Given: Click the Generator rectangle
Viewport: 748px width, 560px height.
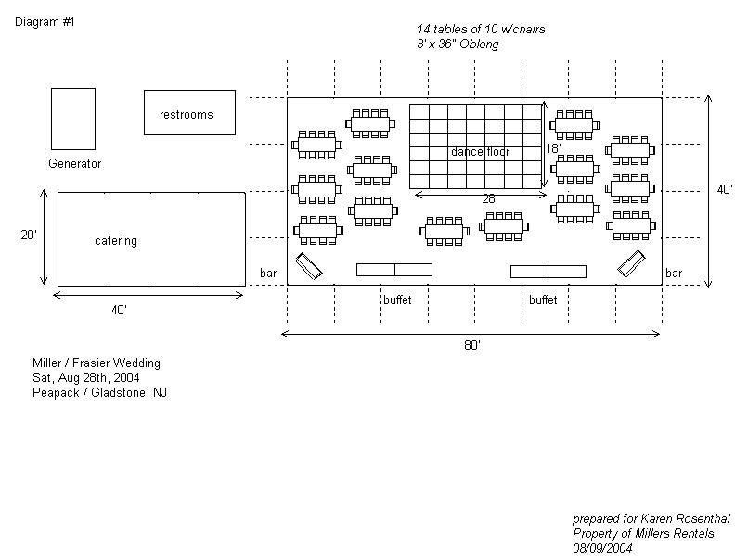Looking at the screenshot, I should point(73,119).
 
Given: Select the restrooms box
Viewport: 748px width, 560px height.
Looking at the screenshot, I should point(189,112).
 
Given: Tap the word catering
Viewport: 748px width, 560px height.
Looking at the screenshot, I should point(116,241).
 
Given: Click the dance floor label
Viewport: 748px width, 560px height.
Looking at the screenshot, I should point(480,151).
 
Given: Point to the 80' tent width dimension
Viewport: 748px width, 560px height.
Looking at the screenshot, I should point(471,345).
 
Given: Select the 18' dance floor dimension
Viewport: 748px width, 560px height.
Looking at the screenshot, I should point(553,148).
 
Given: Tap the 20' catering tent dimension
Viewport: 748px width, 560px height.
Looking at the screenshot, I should point(29,235).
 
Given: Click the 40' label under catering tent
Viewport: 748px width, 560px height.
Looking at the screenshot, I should point(119,311).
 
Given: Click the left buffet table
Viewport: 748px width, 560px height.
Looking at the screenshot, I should point(394,270).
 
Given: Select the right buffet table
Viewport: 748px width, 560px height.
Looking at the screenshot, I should point(548,271).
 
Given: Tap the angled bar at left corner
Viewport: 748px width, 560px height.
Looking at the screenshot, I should point(309,267).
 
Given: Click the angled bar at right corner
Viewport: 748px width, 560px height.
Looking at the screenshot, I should point(631,264).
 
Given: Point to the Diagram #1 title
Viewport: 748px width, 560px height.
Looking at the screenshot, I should point(45,21).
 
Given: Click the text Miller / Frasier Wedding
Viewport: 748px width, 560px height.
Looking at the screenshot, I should point(97,363).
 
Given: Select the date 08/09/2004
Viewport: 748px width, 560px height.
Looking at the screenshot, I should point(602,548).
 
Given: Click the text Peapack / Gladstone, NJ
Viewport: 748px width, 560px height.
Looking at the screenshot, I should point(100,393).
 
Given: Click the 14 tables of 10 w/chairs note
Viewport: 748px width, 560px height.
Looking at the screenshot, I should point(481,30).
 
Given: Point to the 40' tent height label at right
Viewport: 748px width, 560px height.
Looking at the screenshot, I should point(725,189).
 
